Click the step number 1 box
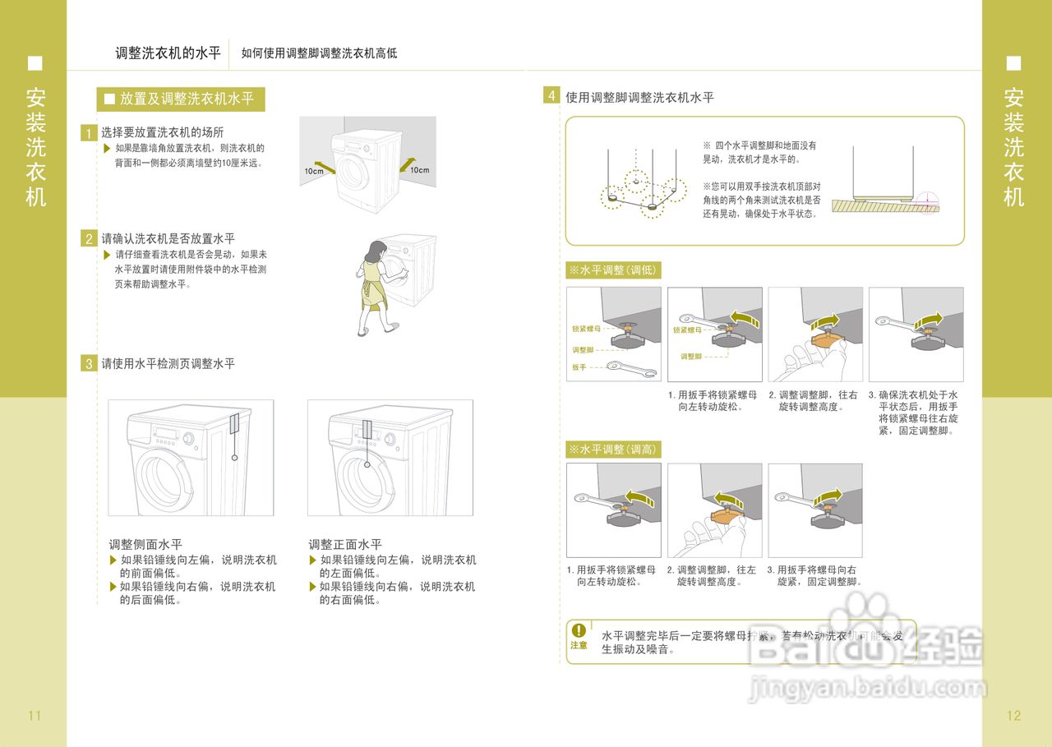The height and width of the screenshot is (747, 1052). coord(89,133)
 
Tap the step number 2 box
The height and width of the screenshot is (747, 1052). coord(89,239)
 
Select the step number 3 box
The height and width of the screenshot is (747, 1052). coord(89,363)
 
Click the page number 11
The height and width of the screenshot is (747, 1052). coord(35,715)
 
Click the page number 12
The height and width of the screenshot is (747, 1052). coord(1013,715)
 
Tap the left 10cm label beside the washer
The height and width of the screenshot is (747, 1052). coord(313,171)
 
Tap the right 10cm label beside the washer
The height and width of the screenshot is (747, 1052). coord(420,170)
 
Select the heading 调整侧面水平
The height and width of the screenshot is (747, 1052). coord(145,544)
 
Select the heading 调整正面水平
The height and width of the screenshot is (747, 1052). coord(345,544)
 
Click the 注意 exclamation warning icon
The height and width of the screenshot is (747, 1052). coord(579,630)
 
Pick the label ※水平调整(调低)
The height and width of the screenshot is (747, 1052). coord(613,270)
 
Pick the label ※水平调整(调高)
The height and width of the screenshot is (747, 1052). coord(613,450)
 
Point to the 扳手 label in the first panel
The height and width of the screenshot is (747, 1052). coord(579,367)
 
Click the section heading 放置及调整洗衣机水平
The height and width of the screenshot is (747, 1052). coord(187,99)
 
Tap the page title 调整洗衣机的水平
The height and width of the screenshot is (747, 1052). coord(168,53)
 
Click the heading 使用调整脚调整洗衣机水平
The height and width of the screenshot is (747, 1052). coord(639,97)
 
